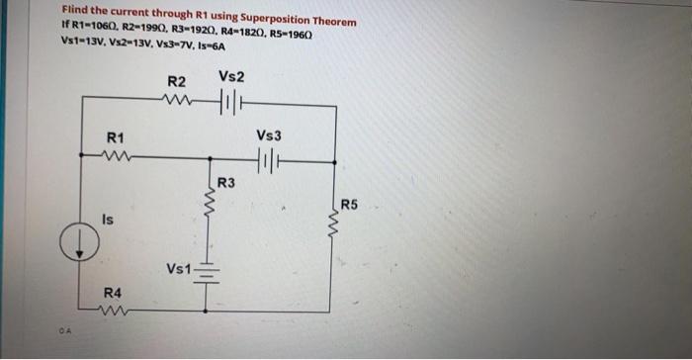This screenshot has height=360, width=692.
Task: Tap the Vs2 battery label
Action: point(232,77)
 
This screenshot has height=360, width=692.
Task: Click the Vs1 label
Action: point(180,268)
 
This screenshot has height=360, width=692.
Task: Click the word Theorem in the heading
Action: point(328,21)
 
